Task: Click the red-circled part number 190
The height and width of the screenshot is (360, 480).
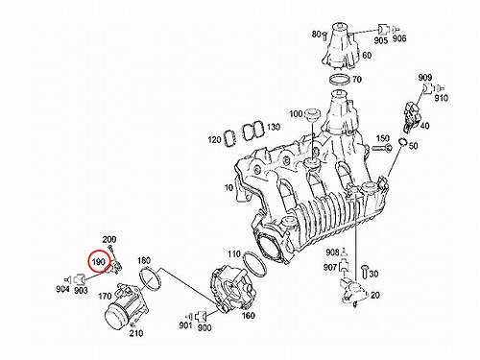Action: coord(99,262)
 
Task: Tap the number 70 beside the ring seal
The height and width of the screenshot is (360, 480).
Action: coord(356,79)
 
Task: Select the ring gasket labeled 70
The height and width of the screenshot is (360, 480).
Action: coord(340,80)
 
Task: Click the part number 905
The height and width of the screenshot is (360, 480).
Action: coord(381,40)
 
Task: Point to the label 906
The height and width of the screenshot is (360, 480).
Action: coord(399,38)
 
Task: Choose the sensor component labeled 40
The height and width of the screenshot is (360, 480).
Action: coord(411,117)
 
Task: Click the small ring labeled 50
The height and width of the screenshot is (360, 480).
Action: coord(402,141)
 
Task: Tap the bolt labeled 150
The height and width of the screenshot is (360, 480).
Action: coord(382,148)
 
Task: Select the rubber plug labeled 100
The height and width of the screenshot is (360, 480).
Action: coord(312,115)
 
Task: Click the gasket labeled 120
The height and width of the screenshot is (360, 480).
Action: coord(230,137)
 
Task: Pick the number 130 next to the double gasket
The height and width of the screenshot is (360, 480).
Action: coord(274,127)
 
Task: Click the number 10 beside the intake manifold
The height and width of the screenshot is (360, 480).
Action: coord(228,187)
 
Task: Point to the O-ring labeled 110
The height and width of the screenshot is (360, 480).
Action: coord(254,264)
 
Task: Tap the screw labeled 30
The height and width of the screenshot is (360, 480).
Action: coord(364,272)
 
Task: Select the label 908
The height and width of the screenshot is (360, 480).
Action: coord(332,252)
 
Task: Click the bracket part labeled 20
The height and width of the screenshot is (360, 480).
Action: coord(353,292)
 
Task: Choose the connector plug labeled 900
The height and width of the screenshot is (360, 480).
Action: coord(202,316)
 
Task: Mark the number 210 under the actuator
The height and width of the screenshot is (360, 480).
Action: coord(136,333)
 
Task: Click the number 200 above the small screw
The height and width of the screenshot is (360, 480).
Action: coord(109,239)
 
